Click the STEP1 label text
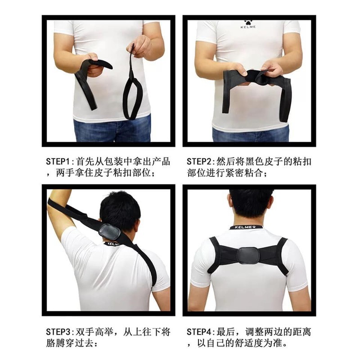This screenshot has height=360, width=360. [x=58, y=162]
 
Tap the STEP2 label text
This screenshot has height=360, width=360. [x=198, y=162]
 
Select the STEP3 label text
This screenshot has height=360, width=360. [x=58, y=332]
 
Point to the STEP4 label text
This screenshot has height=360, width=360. [x=198, y=332]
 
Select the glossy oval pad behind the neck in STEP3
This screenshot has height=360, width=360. [x=109, y=231]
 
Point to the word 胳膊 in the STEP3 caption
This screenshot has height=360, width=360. [x=55, y=343]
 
